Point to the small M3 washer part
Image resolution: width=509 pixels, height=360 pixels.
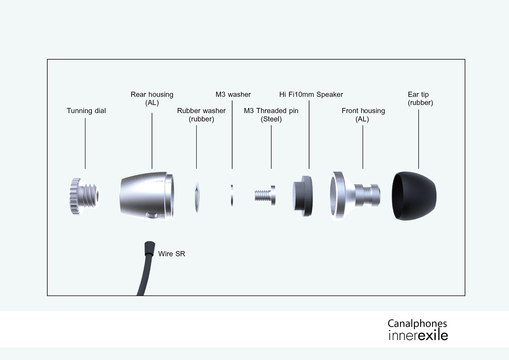232,196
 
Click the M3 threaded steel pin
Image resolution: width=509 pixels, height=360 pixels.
265,196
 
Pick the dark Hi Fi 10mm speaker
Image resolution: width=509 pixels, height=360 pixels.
302,197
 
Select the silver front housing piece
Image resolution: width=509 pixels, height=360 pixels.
354,197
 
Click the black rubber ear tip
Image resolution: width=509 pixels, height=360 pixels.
414,196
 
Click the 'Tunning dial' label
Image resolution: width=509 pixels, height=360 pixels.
86,111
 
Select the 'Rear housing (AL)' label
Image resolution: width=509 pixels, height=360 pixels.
152,99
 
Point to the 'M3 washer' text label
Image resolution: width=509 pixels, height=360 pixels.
233,95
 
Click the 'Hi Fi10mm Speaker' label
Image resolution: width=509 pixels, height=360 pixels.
311,95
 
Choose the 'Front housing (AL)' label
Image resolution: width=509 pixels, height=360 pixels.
363,115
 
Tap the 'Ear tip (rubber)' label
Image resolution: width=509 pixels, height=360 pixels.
420,99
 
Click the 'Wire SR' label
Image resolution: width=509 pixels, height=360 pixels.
172,254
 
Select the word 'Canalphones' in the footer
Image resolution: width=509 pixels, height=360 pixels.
417,323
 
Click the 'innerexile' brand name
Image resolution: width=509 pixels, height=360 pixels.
418,335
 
